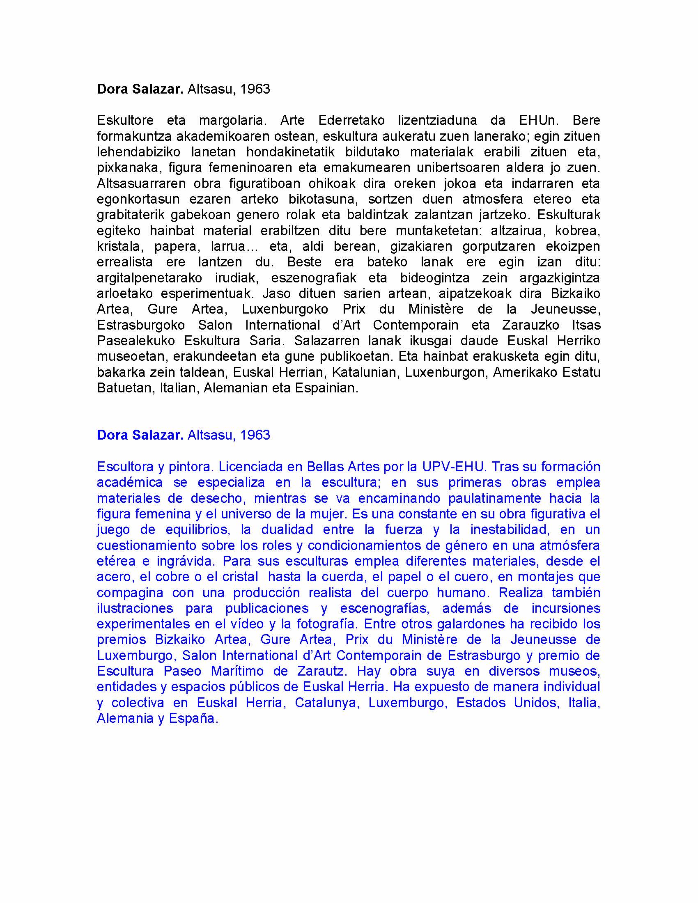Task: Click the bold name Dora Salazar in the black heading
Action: pyautogui.click(x=140, y=89)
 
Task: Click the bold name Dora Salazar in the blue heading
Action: pyautogui.click(x=140, y=435)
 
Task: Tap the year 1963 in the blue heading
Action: pyautogui.click(x=255, y=435)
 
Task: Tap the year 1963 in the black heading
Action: pyautogui.click(x=255, y=89)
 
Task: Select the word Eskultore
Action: pyautogui.click(x=125, y=120)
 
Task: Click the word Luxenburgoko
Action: pyautogui.click(x=285, y=309)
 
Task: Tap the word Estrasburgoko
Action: pyautogui.click(x=140, y=325)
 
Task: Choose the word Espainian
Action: pyautogui.click(x=326, y=388)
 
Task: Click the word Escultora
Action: pyautogui.click(x=125, y=467)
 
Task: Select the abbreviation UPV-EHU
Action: pyautogui.click(x=453, y=467)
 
